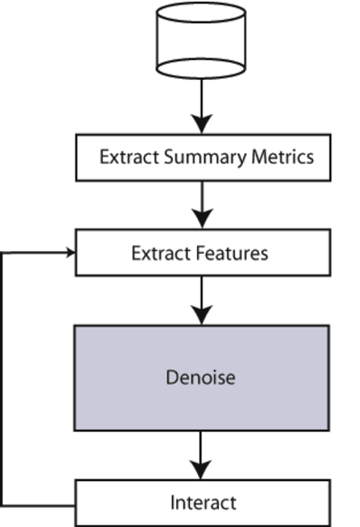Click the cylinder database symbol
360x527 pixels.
pos(201,40)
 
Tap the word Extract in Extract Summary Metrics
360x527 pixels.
pos(129,157)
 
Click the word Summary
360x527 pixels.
pos(205,158)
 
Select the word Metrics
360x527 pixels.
pos(283,157)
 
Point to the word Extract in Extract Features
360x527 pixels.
pos(161,253)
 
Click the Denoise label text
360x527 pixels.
pos(201,377)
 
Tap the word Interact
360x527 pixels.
pos(203,503)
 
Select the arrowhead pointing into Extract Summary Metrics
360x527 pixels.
pos(202,124)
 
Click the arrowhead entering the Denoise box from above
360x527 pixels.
pos(202,315)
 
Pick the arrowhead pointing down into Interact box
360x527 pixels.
pos(201,469)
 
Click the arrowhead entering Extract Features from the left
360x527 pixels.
pos(71,253)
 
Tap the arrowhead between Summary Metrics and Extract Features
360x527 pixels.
pos(202,219)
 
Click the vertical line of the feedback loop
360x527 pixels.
pos(2,380)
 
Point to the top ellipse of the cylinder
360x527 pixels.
pos(201,13)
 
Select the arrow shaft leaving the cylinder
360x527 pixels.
pos(202,97)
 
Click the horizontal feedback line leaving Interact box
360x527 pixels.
pos(38,505)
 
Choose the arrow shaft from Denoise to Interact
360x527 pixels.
pos(201,446)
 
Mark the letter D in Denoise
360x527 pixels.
pos(172,377)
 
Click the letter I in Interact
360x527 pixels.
pos(172,503)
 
